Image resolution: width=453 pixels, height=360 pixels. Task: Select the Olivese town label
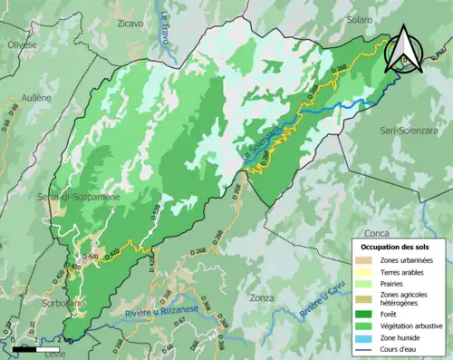[x=21, y=44]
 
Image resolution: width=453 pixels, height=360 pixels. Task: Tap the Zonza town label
[x=264, y=297]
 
